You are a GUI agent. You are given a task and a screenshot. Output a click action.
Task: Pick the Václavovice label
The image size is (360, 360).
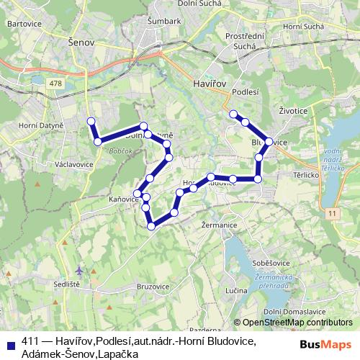click(73, 164)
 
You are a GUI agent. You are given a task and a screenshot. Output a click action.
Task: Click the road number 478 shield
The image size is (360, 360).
click(55, 84)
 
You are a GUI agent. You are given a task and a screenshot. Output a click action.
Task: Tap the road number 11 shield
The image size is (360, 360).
click(330, 213)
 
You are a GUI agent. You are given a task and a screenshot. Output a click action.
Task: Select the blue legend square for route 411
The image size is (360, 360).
click(9, 343)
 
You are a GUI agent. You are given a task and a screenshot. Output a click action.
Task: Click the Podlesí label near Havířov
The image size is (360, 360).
click(246, 92)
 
